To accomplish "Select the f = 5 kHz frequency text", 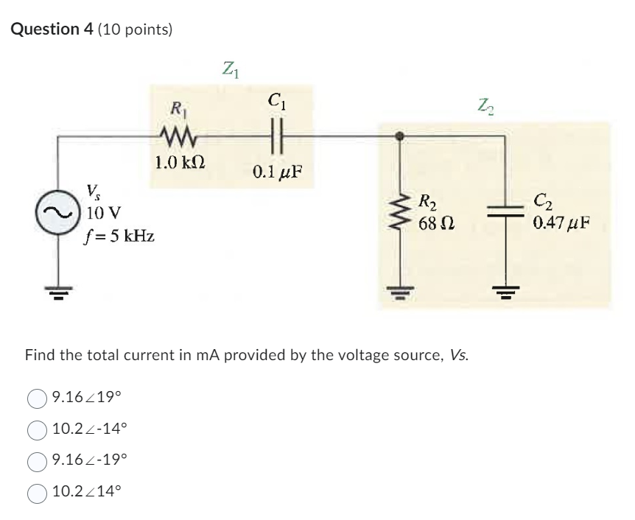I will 118,237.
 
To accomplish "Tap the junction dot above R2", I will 400,136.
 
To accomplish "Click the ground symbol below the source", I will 58,291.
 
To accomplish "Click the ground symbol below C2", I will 505,291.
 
